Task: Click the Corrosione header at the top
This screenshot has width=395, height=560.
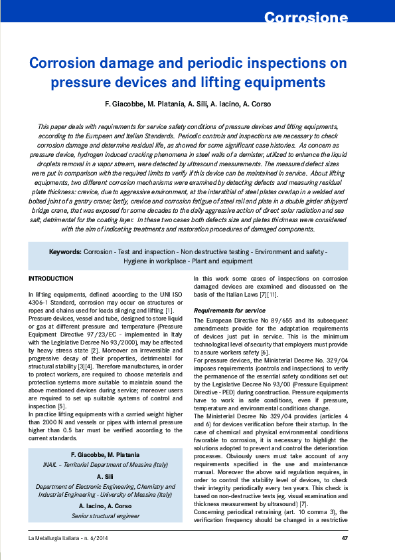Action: pos(315,17)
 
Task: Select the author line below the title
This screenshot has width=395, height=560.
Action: pos(197,104)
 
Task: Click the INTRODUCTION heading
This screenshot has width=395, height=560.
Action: pos(51,278)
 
